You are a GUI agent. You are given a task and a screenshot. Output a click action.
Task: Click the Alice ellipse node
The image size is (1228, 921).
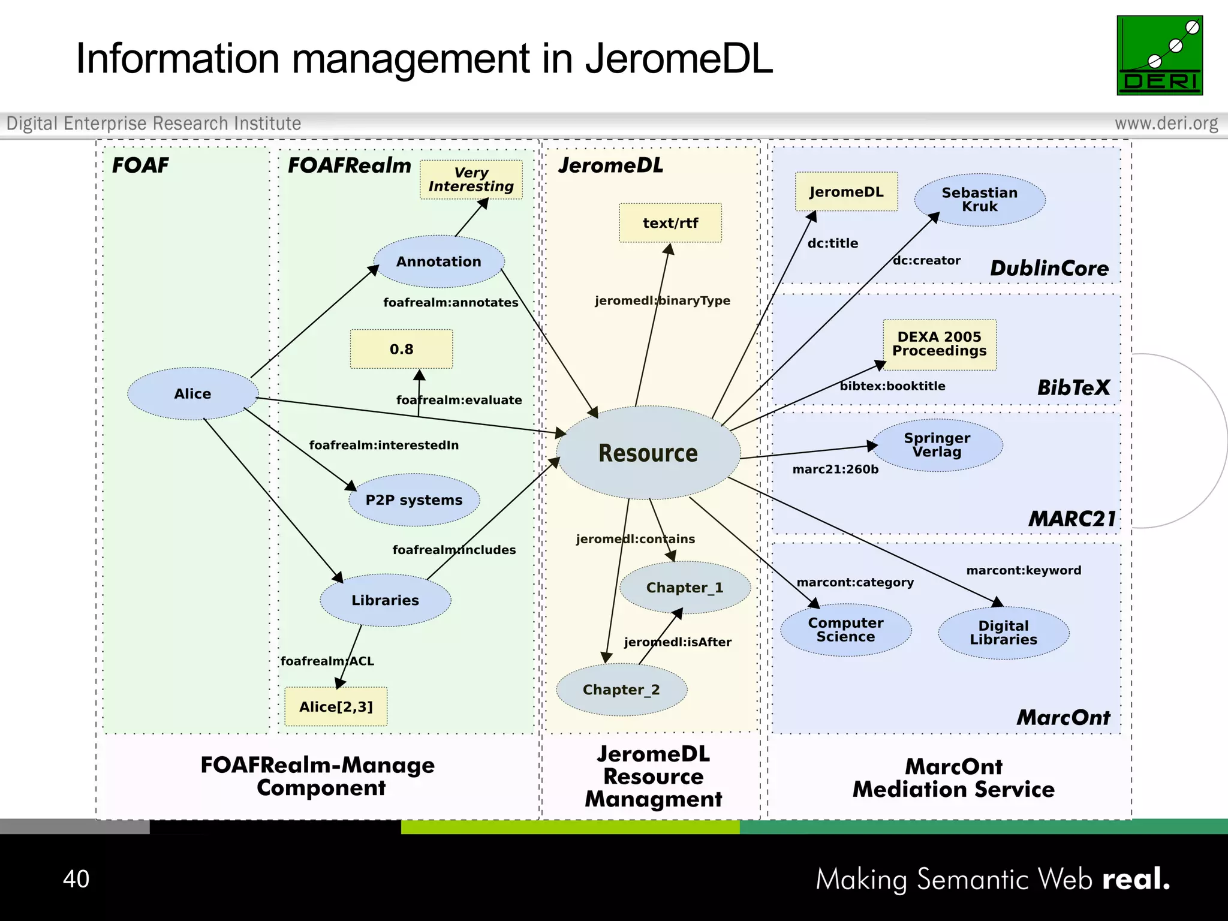[x=192, y=393]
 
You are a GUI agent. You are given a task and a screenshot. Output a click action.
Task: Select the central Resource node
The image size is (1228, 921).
[x=648, y=453]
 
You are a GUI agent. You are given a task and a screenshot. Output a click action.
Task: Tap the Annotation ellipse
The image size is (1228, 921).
[x=438, y=261]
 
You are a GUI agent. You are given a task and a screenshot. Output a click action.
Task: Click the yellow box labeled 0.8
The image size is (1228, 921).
[x=401, y=349]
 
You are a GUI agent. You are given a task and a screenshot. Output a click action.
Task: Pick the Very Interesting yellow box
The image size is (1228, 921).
[x=471, y=179]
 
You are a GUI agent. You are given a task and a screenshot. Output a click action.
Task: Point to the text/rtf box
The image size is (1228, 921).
[x=670, y=223]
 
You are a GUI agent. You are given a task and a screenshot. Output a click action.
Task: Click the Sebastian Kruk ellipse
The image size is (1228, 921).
[x=979, y=200]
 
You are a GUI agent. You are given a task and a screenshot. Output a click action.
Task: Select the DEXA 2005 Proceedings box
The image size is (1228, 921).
[x=939, y=344]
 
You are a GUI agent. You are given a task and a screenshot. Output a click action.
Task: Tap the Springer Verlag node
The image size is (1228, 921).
[x=937, y=445]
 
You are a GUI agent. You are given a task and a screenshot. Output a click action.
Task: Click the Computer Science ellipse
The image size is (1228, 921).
[x=845, y=630]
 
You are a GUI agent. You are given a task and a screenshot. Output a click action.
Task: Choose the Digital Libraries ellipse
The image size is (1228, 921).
[x=1003, y=633]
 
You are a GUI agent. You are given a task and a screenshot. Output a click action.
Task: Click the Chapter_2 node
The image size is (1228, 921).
[x=621, y=690]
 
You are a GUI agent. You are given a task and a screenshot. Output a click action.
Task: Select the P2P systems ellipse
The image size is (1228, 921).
[x=414, y=500]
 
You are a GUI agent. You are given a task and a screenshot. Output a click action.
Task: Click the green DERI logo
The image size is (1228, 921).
[x=1159, y=55]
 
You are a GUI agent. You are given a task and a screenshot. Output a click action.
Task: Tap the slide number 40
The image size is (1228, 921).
[x=76, y=879]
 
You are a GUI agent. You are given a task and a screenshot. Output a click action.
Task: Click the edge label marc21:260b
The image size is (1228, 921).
[x=835, y=469]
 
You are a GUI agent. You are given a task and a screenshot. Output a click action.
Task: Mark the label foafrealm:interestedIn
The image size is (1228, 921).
[x=384, y=445]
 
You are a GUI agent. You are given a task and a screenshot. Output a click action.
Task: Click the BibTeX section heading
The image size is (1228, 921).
[x=1073, y=387]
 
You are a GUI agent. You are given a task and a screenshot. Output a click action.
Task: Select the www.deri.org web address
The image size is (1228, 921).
[x=1166, y=123]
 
